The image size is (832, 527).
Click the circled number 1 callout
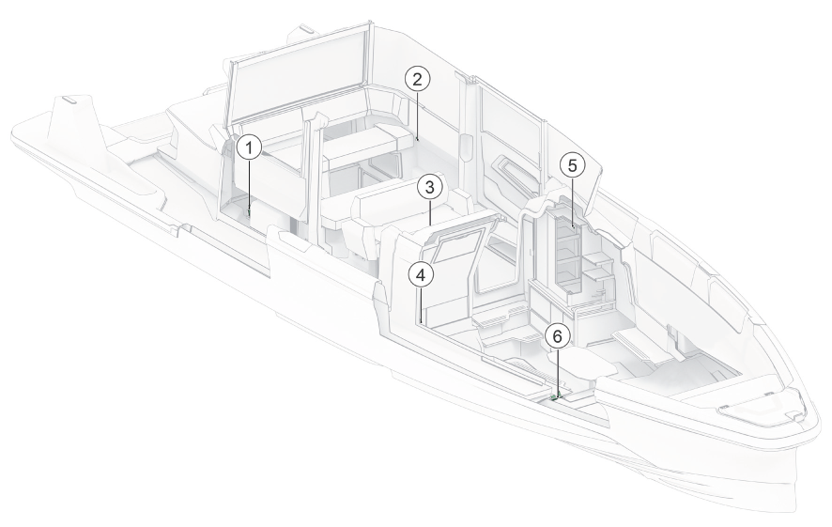coord(250,148)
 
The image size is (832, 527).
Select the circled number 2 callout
coord(418,80)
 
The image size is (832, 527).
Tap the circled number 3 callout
coord(430,187)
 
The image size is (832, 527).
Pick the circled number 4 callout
coord(422,275)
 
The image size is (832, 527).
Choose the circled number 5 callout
coord(572,165)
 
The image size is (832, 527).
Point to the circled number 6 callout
coord(557,336)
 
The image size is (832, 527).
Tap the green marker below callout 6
coord(556,395)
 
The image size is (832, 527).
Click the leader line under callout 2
coord(418,116)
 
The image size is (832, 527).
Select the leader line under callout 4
coord(422,304)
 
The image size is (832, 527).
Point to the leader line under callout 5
coord(573,203)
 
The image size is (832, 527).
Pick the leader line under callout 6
coord(557,370)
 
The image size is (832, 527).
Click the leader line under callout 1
coord(250,185)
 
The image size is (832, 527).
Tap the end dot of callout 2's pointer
coord(418,140)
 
